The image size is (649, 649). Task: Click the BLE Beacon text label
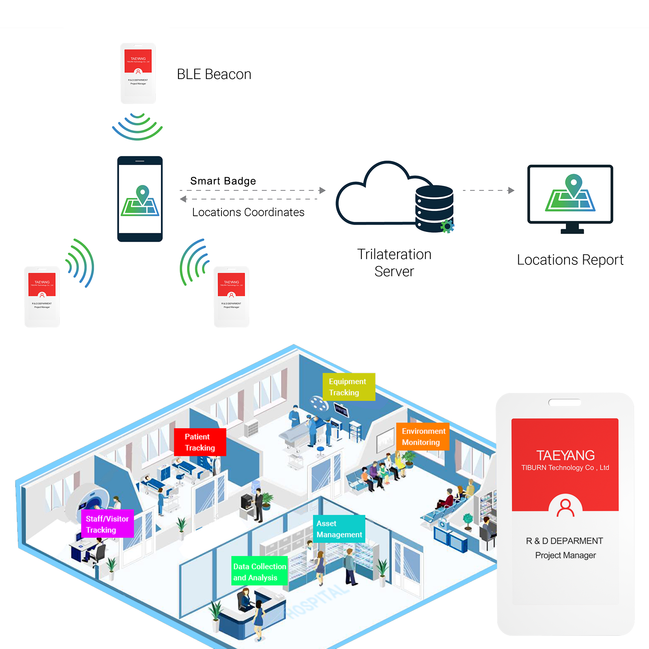pyautogui.click(x=214, y=74)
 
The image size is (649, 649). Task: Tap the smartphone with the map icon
pyautogui.click(x=140, y=199)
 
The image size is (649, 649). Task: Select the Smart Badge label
pyautogui.click(x=223, y=181)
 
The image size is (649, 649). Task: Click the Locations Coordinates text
pyautogui.click(x=248, y=212)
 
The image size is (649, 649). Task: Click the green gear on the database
pyautogui.click(x=447, y=226)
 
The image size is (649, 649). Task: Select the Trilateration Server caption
pyautogui.click(x=394, y=262)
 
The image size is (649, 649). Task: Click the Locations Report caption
pyautogui.click(x=570, y=260)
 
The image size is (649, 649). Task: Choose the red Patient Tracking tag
pyautogui.click(x=200, y=442)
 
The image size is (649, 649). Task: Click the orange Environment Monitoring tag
pyautogui.click(x=423, y=437)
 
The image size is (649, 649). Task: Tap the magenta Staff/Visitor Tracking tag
pyautogui.click(x=107, y=524)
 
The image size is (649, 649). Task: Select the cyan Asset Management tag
pyautogui.click(x=339, y=529)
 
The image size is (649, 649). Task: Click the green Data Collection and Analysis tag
pyautogui.click(x=260, y=572)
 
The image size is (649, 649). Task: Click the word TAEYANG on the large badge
pyautogui.click(x=565, y=455)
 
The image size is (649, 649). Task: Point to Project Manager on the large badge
pyautogui.click(x=565, y=555)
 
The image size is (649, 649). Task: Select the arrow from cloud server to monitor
pyautogui.click(x=489, y=190)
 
